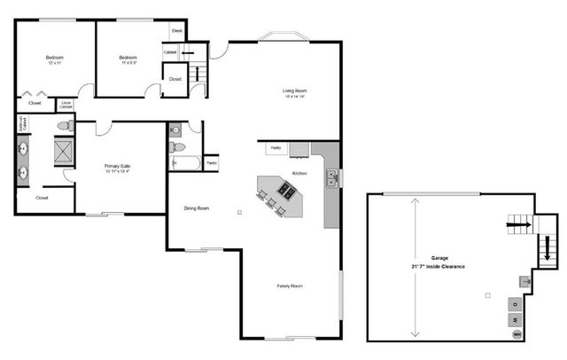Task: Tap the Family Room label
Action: tap(290, 286)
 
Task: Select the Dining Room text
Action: tap(196, 208)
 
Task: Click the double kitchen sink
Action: tap(331, 179)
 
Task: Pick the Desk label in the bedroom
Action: tap(176, 31)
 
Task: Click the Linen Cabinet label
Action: tap(66, 105)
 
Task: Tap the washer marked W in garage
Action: tap(516, 318)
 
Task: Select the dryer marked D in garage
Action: tap(516, 301)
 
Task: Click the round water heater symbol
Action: tap(517, 334)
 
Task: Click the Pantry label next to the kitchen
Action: tap(276, 148)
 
